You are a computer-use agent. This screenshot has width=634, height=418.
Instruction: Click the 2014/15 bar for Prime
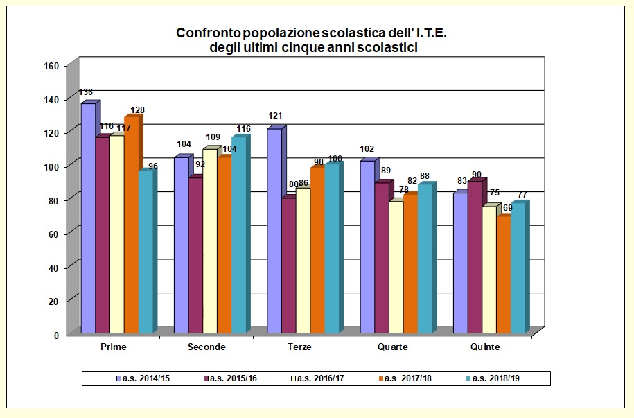88,218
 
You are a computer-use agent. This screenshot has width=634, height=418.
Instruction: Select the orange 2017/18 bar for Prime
131,225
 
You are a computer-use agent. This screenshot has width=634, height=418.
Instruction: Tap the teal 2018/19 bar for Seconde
238,236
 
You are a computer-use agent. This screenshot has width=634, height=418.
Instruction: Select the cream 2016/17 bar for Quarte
396,268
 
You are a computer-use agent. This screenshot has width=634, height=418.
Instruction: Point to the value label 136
86,92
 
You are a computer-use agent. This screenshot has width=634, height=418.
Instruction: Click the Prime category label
113,347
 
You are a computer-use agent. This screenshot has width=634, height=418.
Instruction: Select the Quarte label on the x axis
393,347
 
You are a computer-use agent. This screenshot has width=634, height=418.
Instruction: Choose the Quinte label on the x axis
486,347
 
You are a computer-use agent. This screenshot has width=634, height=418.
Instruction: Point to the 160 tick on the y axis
53,66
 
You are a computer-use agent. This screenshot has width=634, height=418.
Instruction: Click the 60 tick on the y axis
55,234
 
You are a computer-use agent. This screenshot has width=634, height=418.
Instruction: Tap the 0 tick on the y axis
58,335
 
